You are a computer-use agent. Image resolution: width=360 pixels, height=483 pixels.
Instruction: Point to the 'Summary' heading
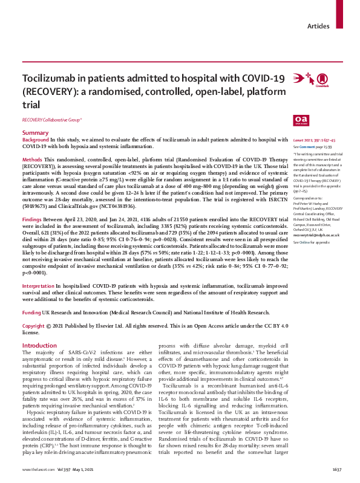coord(35,132)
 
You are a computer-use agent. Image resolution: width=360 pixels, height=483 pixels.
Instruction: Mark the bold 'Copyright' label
coord(34,325)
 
